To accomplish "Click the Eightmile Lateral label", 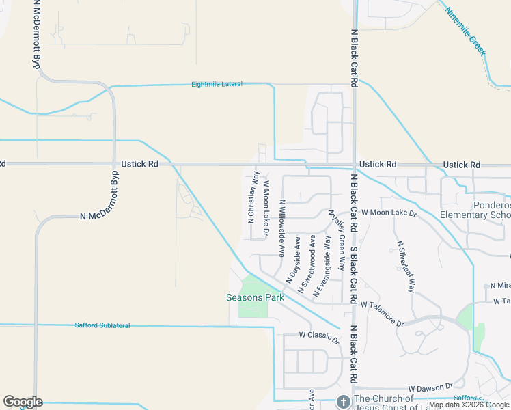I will (217, 84).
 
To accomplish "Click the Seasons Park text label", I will (255, 297).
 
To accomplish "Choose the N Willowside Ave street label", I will (281, 228).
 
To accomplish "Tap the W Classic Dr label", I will (318, 336).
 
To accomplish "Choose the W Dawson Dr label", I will (430, 387).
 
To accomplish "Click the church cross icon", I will (344, 401).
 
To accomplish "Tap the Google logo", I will (23, 402).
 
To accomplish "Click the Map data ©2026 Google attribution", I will (469, 405).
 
